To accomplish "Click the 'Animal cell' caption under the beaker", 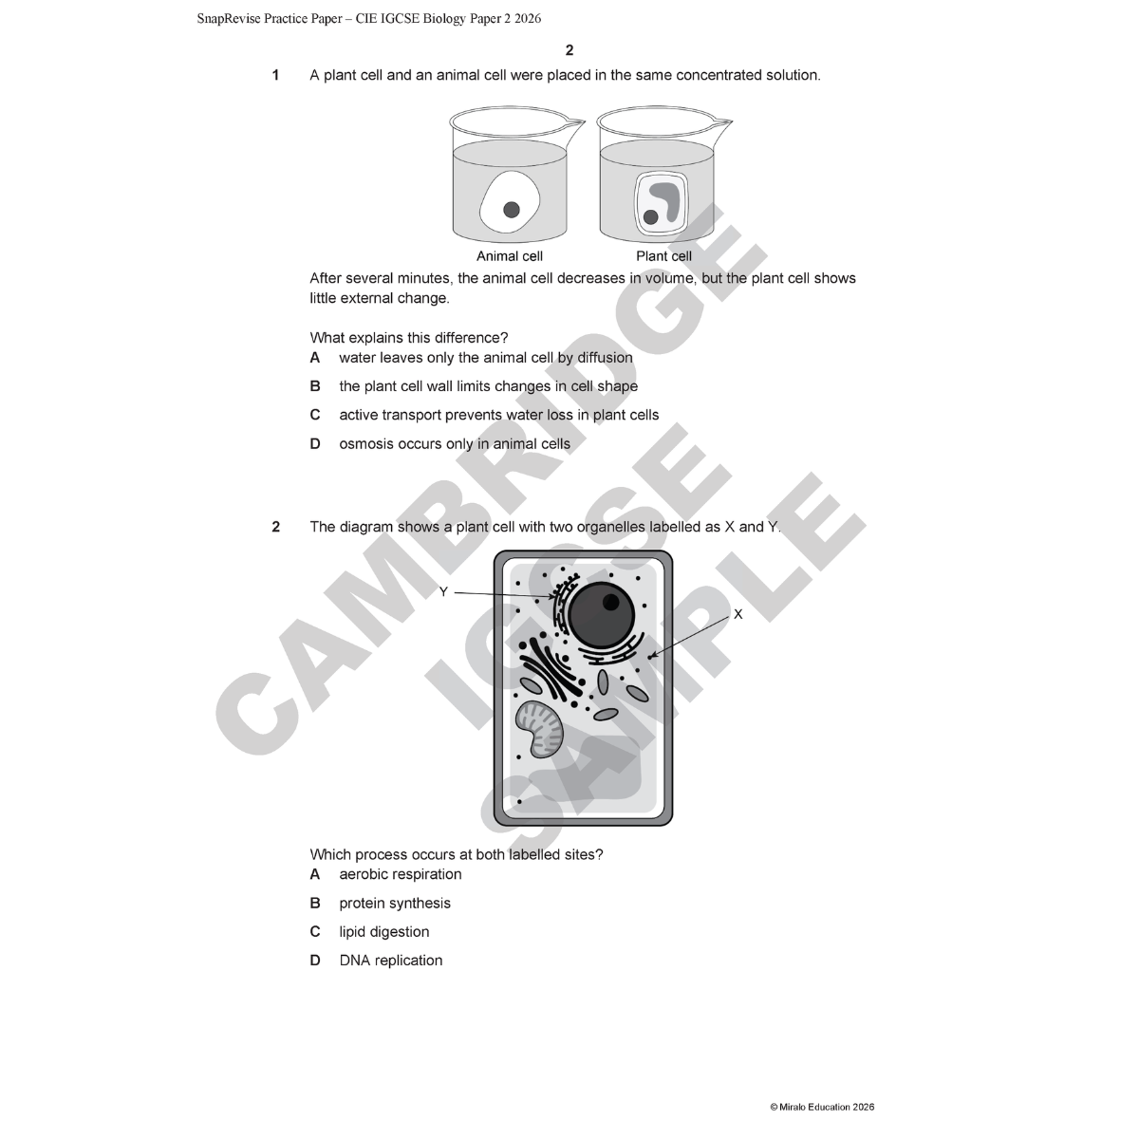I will click(x=509, y=256).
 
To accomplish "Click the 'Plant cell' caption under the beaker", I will click(x=663, y=256).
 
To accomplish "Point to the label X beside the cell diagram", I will click(x=738, y=614).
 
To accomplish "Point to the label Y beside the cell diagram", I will click(x=443, y=592).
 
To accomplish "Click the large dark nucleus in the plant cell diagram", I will click(x=601, y=613).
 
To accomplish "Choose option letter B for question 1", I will click(x=315, y=386).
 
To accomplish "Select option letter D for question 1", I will click(x=315, y=444).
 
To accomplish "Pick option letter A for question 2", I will click(x=315, y=874).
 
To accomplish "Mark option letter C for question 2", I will click(x=315, y=932).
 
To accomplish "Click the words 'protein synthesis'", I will click(x=395, y=904).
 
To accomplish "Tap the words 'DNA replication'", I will click(x=391, y=961).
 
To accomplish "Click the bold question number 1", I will click(x=275, y=75).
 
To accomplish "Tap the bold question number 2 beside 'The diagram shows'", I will click(x=275, y=527).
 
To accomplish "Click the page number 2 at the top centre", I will click(x=569, y=50).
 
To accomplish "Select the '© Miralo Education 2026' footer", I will click(x=822, y=1107).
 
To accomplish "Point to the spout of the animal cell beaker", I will click(x=575, y=122).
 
